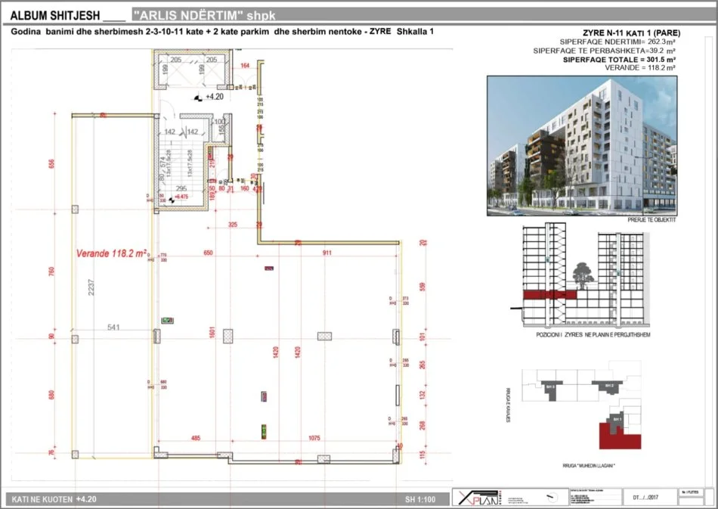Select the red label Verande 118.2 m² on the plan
pos(111,254)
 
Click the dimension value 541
pos(113,327)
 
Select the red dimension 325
pos(232,225)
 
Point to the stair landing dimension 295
pos(181,189)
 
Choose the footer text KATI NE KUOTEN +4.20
pos(52,499)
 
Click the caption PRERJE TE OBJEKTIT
pos(651,221)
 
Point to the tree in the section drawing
pos(582,273)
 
